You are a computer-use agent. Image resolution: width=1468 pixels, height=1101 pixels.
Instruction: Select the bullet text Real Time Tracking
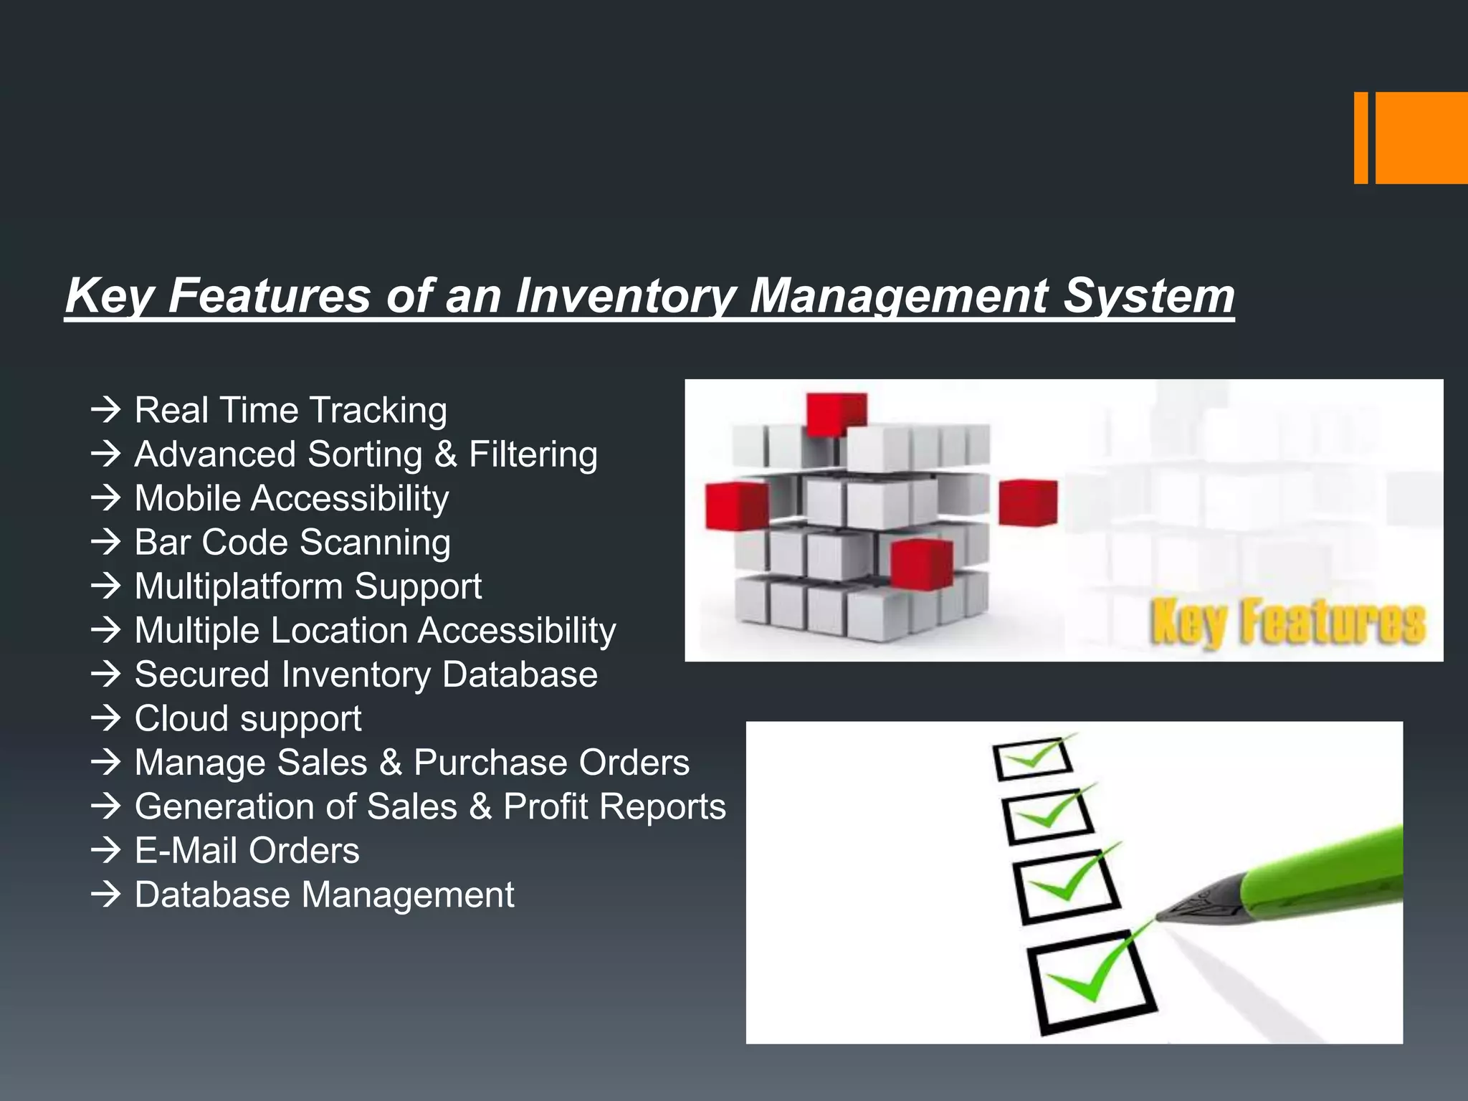pyautogui.click(x=290, y=411)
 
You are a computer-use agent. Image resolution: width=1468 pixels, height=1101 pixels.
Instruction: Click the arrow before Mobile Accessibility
pyautogui.click(x=106, y=497)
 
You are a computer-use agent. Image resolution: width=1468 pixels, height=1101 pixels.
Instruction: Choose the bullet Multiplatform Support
pyautogui.click(x=308, y=586)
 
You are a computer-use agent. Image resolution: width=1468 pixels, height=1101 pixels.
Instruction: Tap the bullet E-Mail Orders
pyautogui.click(x=247, y=851)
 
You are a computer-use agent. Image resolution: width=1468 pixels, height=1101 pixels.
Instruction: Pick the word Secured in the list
pyautogui.click(x=201, y=675)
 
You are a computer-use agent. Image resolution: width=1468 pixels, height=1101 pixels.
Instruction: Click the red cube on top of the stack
pyautogui.click(x=835, y=414)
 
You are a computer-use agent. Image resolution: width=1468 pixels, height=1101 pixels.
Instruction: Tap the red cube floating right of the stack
pyautogui.click(x=1027, y=502)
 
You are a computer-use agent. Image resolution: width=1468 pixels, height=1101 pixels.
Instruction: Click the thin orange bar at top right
pyautogui.click(x=1360, y=138)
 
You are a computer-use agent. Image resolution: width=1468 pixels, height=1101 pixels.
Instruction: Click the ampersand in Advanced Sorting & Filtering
pyautogui.click(x=445, y=454)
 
